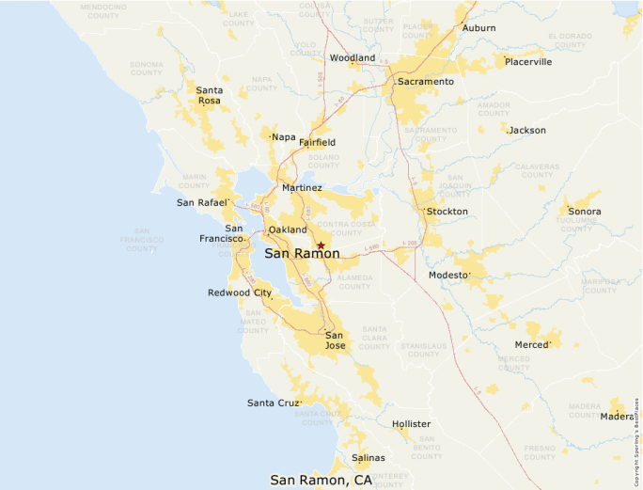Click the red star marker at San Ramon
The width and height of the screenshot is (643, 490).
tap(321, 245)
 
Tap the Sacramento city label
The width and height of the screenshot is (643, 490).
tap(425, 82)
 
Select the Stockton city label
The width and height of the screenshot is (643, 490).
tap(447, 212)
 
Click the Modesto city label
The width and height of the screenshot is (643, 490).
tap(448, 275)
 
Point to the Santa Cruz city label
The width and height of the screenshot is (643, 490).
tap(274, 403)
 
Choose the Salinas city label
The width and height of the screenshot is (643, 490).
tap(368, 458)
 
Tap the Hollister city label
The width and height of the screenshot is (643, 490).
tap(411, 424)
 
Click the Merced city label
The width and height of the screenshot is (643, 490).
tap(531, 345)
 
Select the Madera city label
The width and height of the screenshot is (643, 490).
tap(617, 417)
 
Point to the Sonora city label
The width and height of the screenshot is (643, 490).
tap(584, 212)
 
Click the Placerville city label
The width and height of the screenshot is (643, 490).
tap(527, 62)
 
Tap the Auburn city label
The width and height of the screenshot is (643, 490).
tap(478, 28)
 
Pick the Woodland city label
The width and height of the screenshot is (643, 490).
tap(353, 58)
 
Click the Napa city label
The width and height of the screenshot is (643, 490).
tap(283, 137)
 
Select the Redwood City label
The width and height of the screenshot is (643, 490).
tap(240, 292)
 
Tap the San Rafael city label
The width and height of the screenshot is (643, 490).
tap(202, 202)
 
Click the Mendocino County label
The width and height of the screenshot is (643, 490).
tap(103, 12)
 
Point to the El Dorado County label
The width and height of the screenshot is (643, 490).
tap(571, 40)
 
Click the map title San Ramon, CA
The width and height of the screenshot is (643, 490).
tap(321, 480)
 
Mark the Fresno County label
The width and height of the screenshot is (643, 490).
tap(541, 452)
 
